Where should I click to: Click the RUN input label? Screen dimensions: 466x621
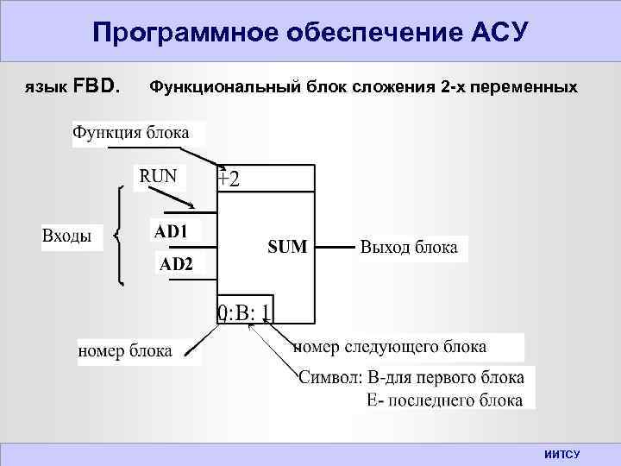pyautogui.click(x=158, y=177)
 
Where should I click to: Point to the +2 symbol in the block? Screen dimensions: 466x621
pyautogui.click(x=229, y=179)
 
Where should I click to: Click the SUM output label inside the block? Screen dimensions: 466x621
pyautogui.click(x=287, y=248)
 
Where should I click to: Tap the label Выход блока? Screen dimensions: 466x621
pyautogui.click(x=409, y=249)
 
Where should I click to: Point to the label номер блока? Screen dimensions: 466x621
pyautogui.click(x=125, y=350)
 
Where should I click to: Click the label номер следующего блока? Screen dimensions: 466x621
pyautogui.click(x=390, y=347)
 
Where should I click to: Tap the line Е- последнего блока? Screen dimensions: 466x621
pyautogui.click(x=444, y=400)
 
